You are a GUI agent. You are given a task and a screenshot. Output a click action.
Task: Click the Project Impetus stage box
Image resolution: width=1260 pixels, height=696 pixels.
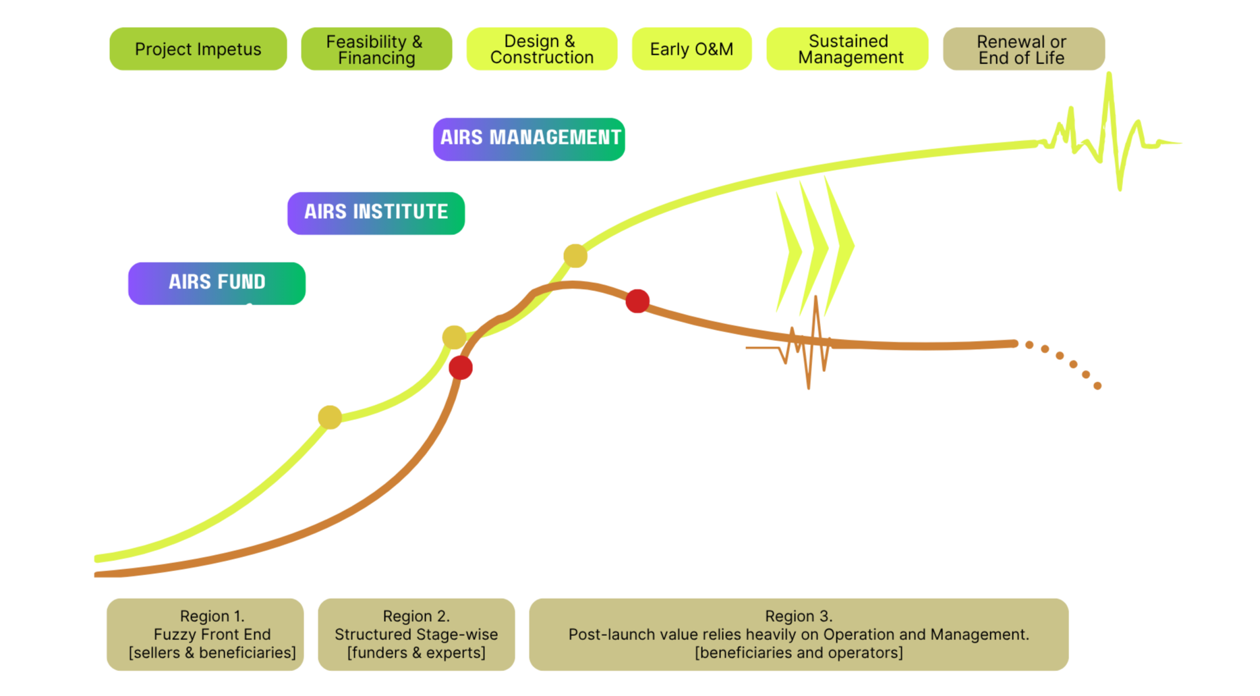tap(198, 49)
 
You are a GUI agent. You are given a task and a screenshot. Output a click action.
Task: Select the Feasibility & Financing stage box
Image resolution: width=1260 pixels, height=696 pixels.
tap(376, 49)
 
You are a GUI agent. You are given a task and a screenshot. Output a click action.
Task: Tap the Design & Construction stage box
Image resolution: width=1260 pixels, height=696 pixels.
tap(542, 49)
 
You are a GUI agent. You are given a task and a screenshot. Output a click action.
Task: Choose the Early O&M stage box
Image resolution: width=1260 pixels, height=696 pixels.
tap(691, 49)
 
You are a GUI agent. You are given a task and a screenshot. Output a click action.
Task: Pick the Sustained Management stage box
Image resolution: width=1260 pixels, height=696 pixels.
tap(847, 49)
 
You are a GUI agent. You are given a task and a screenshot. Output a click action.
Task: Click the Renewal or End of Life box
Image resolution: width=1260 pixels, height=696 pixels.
tap(1023, 49)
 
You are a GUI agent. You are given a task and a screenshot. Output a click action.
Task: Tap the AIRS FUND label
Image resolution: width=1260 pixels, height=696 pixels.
tap(217, 283)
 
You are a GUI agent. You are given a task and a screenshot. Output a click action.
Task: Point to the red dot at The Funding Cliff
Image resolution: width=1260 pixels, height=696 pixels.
tap(461, 367)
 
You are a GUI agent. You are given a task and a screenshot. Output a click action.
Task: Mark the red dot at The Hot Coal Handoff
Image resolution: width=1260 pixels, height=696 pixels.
tap(637, 301)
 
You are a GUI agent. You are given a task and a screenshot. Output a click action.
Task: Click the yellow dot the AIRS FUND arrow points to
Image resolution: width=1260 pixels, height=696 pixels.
tap(330, 417)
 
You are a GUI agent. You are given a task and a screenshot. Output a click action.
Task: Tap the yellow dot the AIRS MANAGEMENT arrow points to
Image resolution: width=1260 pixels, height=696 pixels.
tap(575, 256)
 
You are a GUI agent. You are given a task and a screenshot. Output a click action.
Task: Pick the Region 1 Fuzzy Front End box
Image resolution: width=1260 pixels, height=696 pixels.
tap(205, 635)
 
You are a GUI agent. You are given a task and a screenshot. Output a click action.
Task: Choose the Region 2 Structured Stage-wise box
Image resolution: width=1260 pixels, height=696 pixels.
tap(416, 635)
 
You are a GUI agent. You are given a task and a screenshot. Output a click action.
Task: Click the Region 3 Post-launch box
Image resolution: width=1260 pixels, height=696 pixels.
tap(799, 635)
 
